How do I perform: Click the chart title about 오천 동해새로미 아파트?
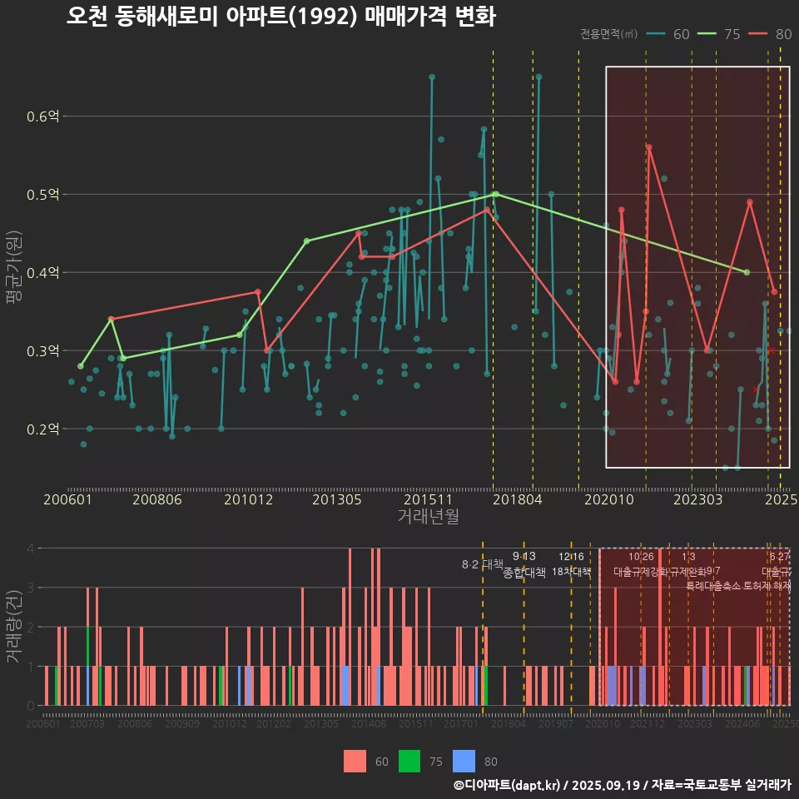coord(280,17)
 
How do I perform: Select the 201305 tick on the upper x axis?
coord(336,499)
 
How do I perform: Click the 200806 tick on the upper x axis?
coord(157,499)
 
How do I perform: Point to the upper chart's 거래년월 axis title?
coord(428,516)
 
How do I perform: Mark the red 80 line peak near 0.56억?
coord(649,147)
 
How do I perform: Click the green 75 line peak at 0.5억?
coord(496,194)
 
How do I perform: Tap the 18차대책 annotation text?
coord(571,572)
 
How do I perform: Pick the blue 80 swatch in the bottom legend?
coord(464,760)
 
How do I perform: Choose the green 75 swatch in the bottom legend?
coord(409,760)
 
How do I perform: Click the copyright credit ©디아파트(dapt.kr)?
coord(509,785)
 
